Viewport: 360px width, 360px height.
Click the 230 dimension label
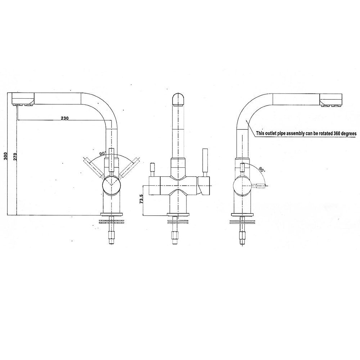coord(64,118)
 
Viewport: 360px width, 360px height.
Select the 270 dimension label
coord(15,156)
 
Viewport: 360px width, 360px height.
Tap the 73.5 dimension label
coord(141,199)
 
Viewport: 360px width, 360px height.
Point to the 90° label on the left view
coord(102,153)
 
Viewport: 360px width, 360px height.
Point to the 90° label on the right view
coord(261,170)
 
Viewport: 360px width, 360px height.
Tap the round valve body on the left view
coord(111,185)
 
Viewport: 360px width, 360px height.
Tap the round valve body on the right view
coord(242,185)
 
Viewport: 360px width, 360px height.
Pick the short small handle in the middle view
coord(152,170)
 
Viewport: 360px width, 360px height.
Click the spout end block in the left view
coord(23,98)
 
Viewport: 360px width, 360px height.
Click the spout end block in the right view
coord(330,99)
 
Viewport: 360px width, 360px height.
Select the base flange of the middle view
coord(179,215)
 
